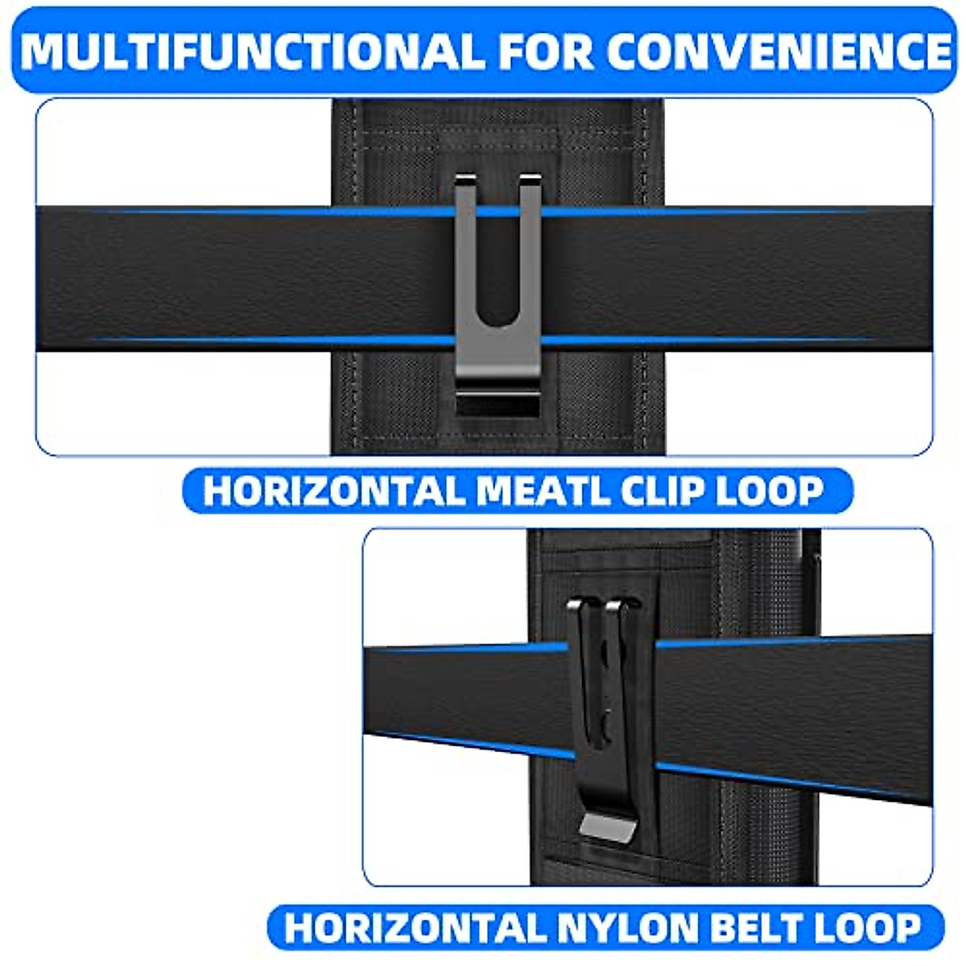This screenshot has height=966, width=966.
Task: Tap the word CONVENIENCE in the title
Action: coord(779,51)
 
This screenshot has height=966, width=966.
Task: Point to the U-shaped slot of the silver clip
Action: coord(497,266)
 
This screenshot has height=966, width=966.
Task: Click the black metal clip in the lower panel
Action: coord(599,708)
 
